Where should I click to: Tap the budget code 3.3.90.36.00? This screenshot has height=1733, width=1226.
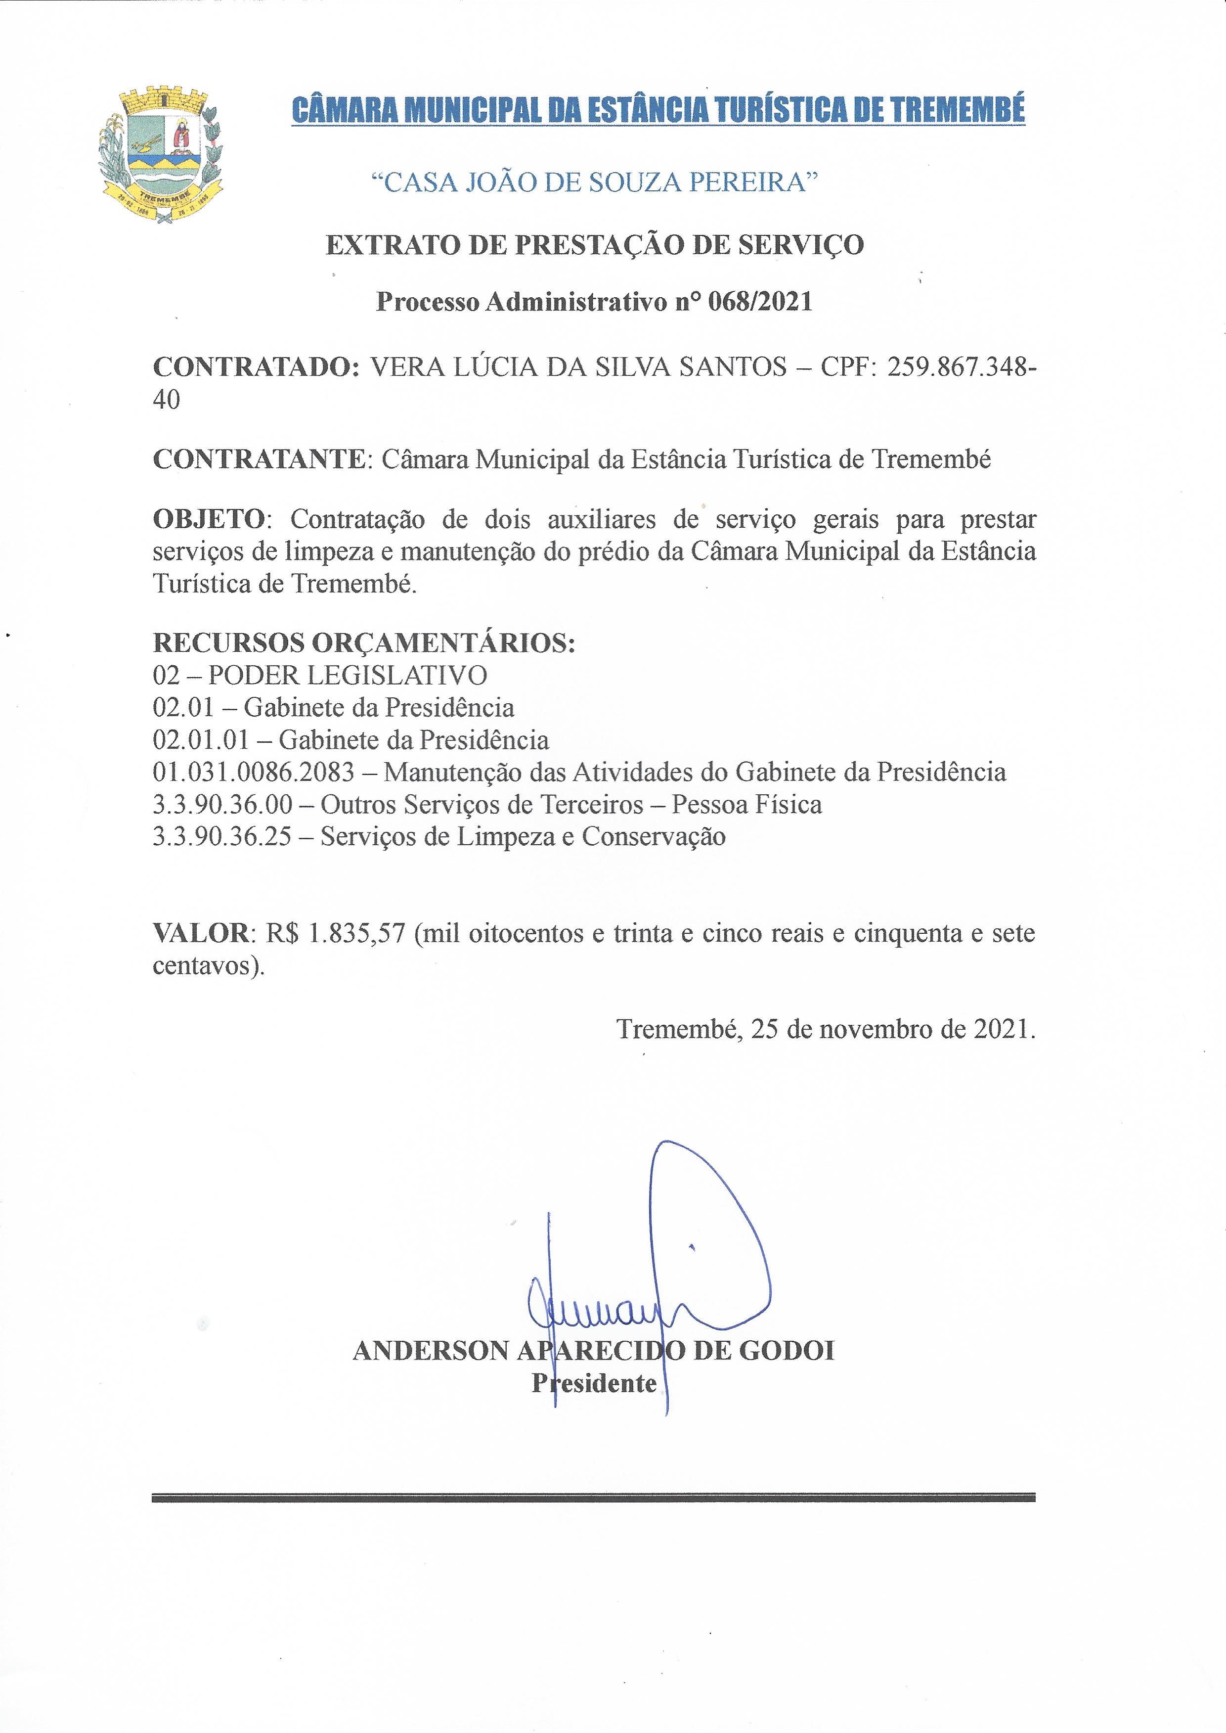[x=222, y=804]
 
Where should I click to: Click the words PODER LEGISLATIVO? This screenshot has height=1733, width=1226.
[x=347, y=675]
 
